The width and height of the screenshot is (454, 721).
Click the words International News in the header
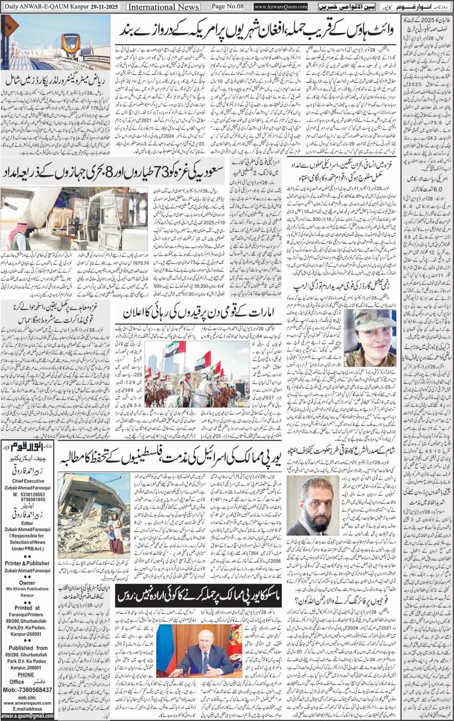click(x=163, y=7)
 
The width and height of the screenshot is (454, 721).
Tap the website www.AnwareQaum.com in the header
click(x=281, y=7)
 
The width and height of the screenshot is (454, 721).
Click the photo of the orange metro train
click(x=55, y=43)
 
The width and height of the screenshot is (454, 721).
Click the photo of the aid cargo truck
click(x=73, y=219)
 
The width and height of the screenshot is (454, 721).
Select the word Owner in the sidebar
click(x=28, y=583)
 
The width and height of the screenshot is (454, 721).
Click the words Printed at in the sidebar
click(x=28, y=608)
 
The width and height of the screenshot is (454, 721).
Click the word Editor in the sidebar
click(x=28, y=524)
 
